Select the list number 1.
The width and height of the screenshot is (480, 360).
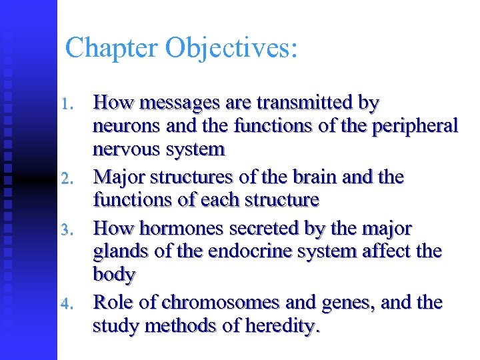pyautogui.click(x=65, y=105)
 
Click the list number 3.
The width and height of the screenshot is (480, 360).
pyautogui.click(x=65, y=230)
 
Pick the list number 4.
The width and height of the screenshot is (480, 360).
pyautogui.click(x=65, y=305)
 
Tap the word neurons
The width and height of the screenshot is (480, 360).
pyautogui.click(x=125, y=126)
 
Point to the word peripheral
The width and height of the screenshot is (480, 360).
pyautogui.click(x=416, y=126)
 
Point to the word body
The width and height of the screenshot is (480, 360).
pyautogui.click(x=115, y=274)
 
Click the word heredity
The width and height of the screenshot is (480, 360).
pyautogui.click(x=283, y=326)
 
